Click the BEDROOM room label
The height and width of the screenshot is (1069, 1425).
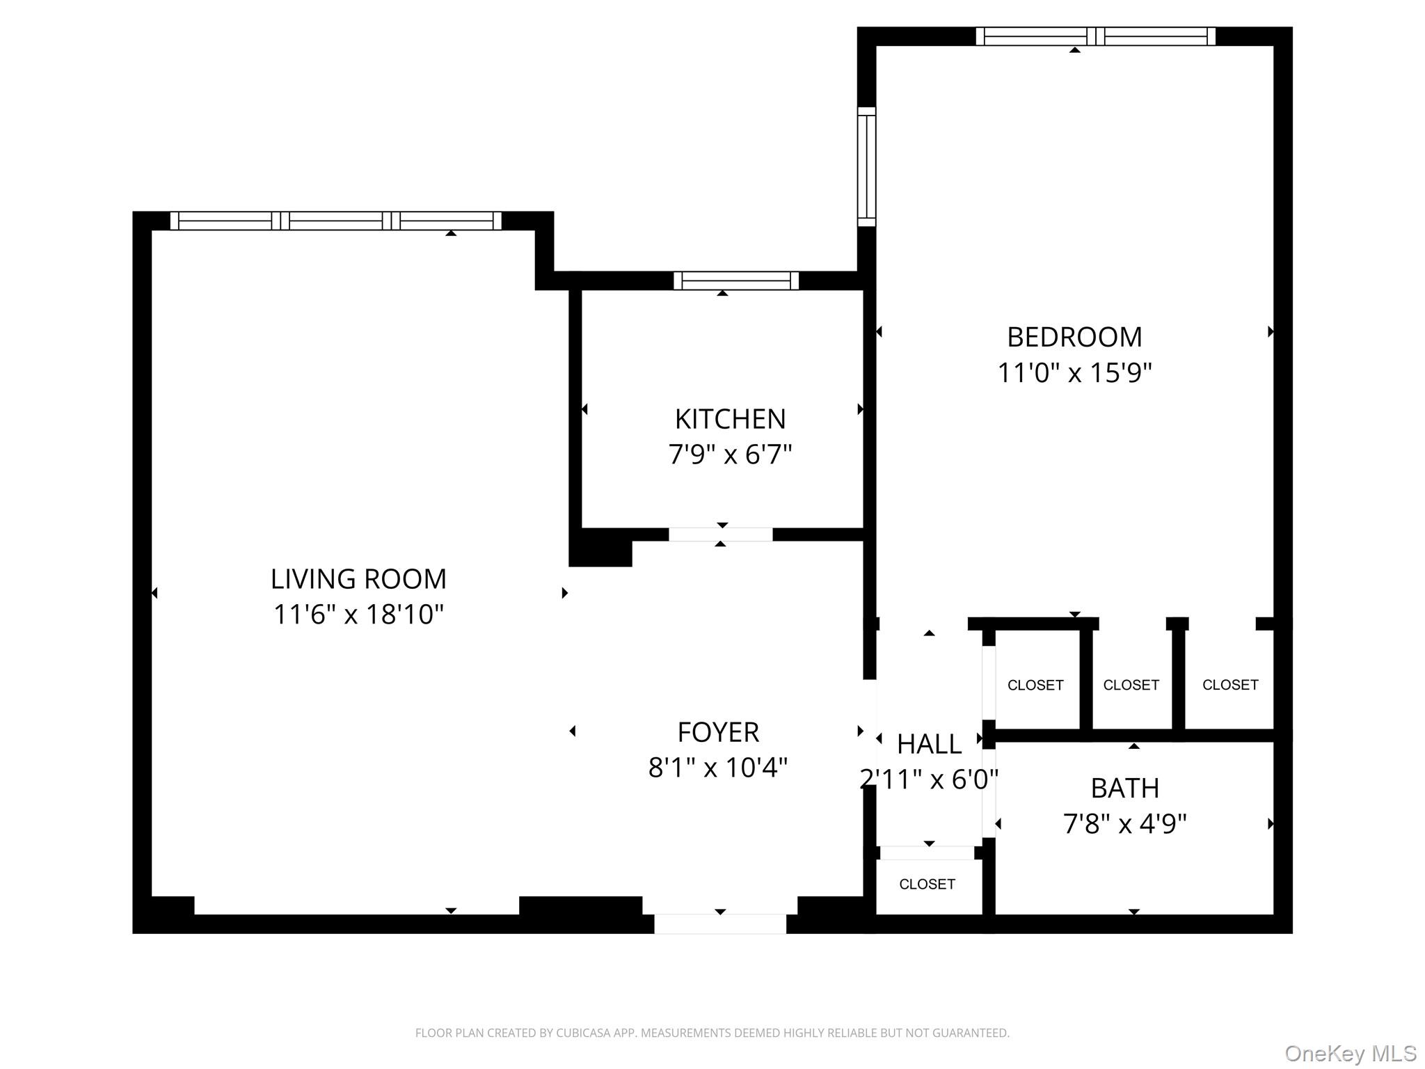click(x=1074, y=338)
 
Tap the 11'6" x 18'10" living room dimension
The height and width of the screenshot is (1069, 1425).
click(x=358, y=615)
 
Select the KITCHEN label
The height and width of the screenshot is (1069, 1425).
click(x=730, y=420)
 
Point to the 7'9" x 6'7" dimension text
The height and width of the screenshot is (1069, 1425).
click(x=730, y=455)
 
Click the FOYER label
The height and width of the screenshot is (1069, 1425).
click(x=718, y=733)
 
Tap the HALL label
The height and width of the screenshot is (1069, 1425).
click(x=929, y=745)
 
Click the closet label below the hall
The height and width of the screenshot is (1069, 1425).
click(x=927, y=885)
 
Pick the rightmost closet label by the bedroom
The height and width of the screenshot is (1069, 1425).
click(x=1230, y=685)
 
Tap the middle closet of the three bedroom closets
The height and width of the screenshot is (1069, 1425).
click(x=1131, y=685)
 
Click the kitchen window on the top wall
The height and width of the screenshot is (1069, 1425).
click(x=736, y=280)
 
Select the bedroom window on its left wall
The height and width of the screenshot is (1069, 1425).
click(x=866, y=166)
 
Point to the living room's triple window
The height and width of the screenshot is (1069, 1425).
click(x=335, y=221)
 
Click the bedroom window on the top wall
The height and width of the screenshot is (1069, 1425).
click(x=1095, y=36)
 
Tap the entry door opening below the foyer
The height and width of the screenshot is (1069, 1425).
click(x=720, y=924)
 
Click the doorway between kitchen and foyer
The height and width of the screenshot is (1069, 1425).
click(x=720, y=534)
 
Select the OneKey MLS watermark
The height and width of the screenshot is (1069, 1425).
click(x=1350, y=1054)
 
